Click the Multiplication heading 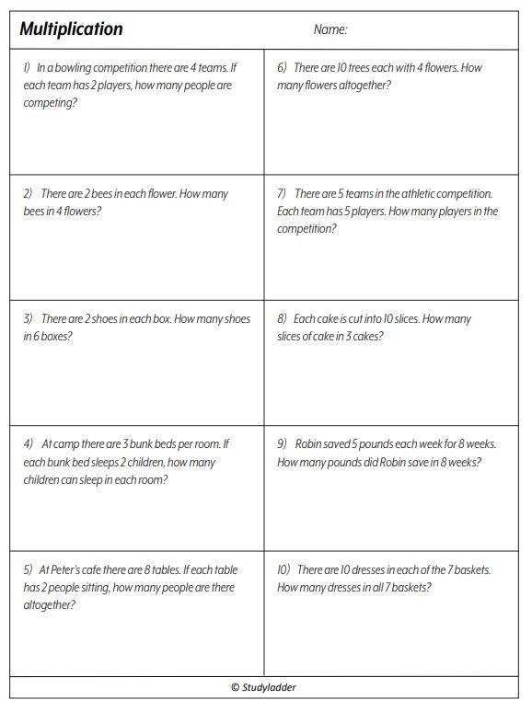tap(72, 29)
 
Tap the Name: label tap(330, 29)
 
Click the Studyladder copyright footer tap(264, 686)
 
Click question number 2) tap(28, 194)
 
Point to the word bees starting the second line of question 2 tap(34, 212)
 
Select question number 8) tap(282, 319)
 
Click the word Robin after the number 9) tap(309, 443)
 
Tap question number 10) tap(284, 569)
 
